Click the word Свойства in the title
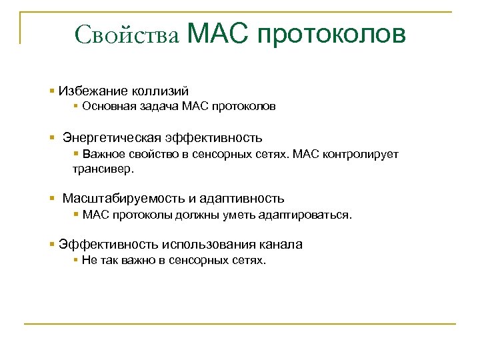pos(127,34)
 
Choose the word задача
pos(151,106)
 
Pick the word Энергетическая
pos(112,138)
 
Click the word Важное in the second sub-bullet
pos(101,154)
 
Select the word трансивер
pos(103,169)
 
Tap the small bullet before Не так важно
pos(76,260)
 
